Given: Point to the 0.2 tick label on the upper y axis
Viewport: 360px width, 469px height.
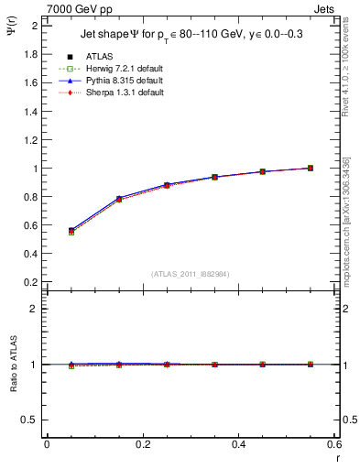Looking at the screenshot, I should pyautogui.click(x=29, y=282).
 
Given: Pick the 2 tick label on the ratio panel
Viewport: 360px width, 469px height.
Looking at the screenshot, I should pyautogui.click(x=34, y=309).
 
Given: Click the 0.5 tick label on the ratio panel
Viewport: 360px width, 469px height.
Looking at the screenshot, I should pyautogui.click(x=29, y=420).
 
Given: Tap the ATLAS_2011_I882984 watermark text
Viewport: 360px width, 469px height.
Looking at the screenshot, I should pyautogui.click(x=191, y=274).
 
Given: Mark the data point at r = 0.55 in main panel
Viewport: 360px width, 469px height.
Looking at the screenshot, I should pyautogui.click(x=311, y=168).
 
